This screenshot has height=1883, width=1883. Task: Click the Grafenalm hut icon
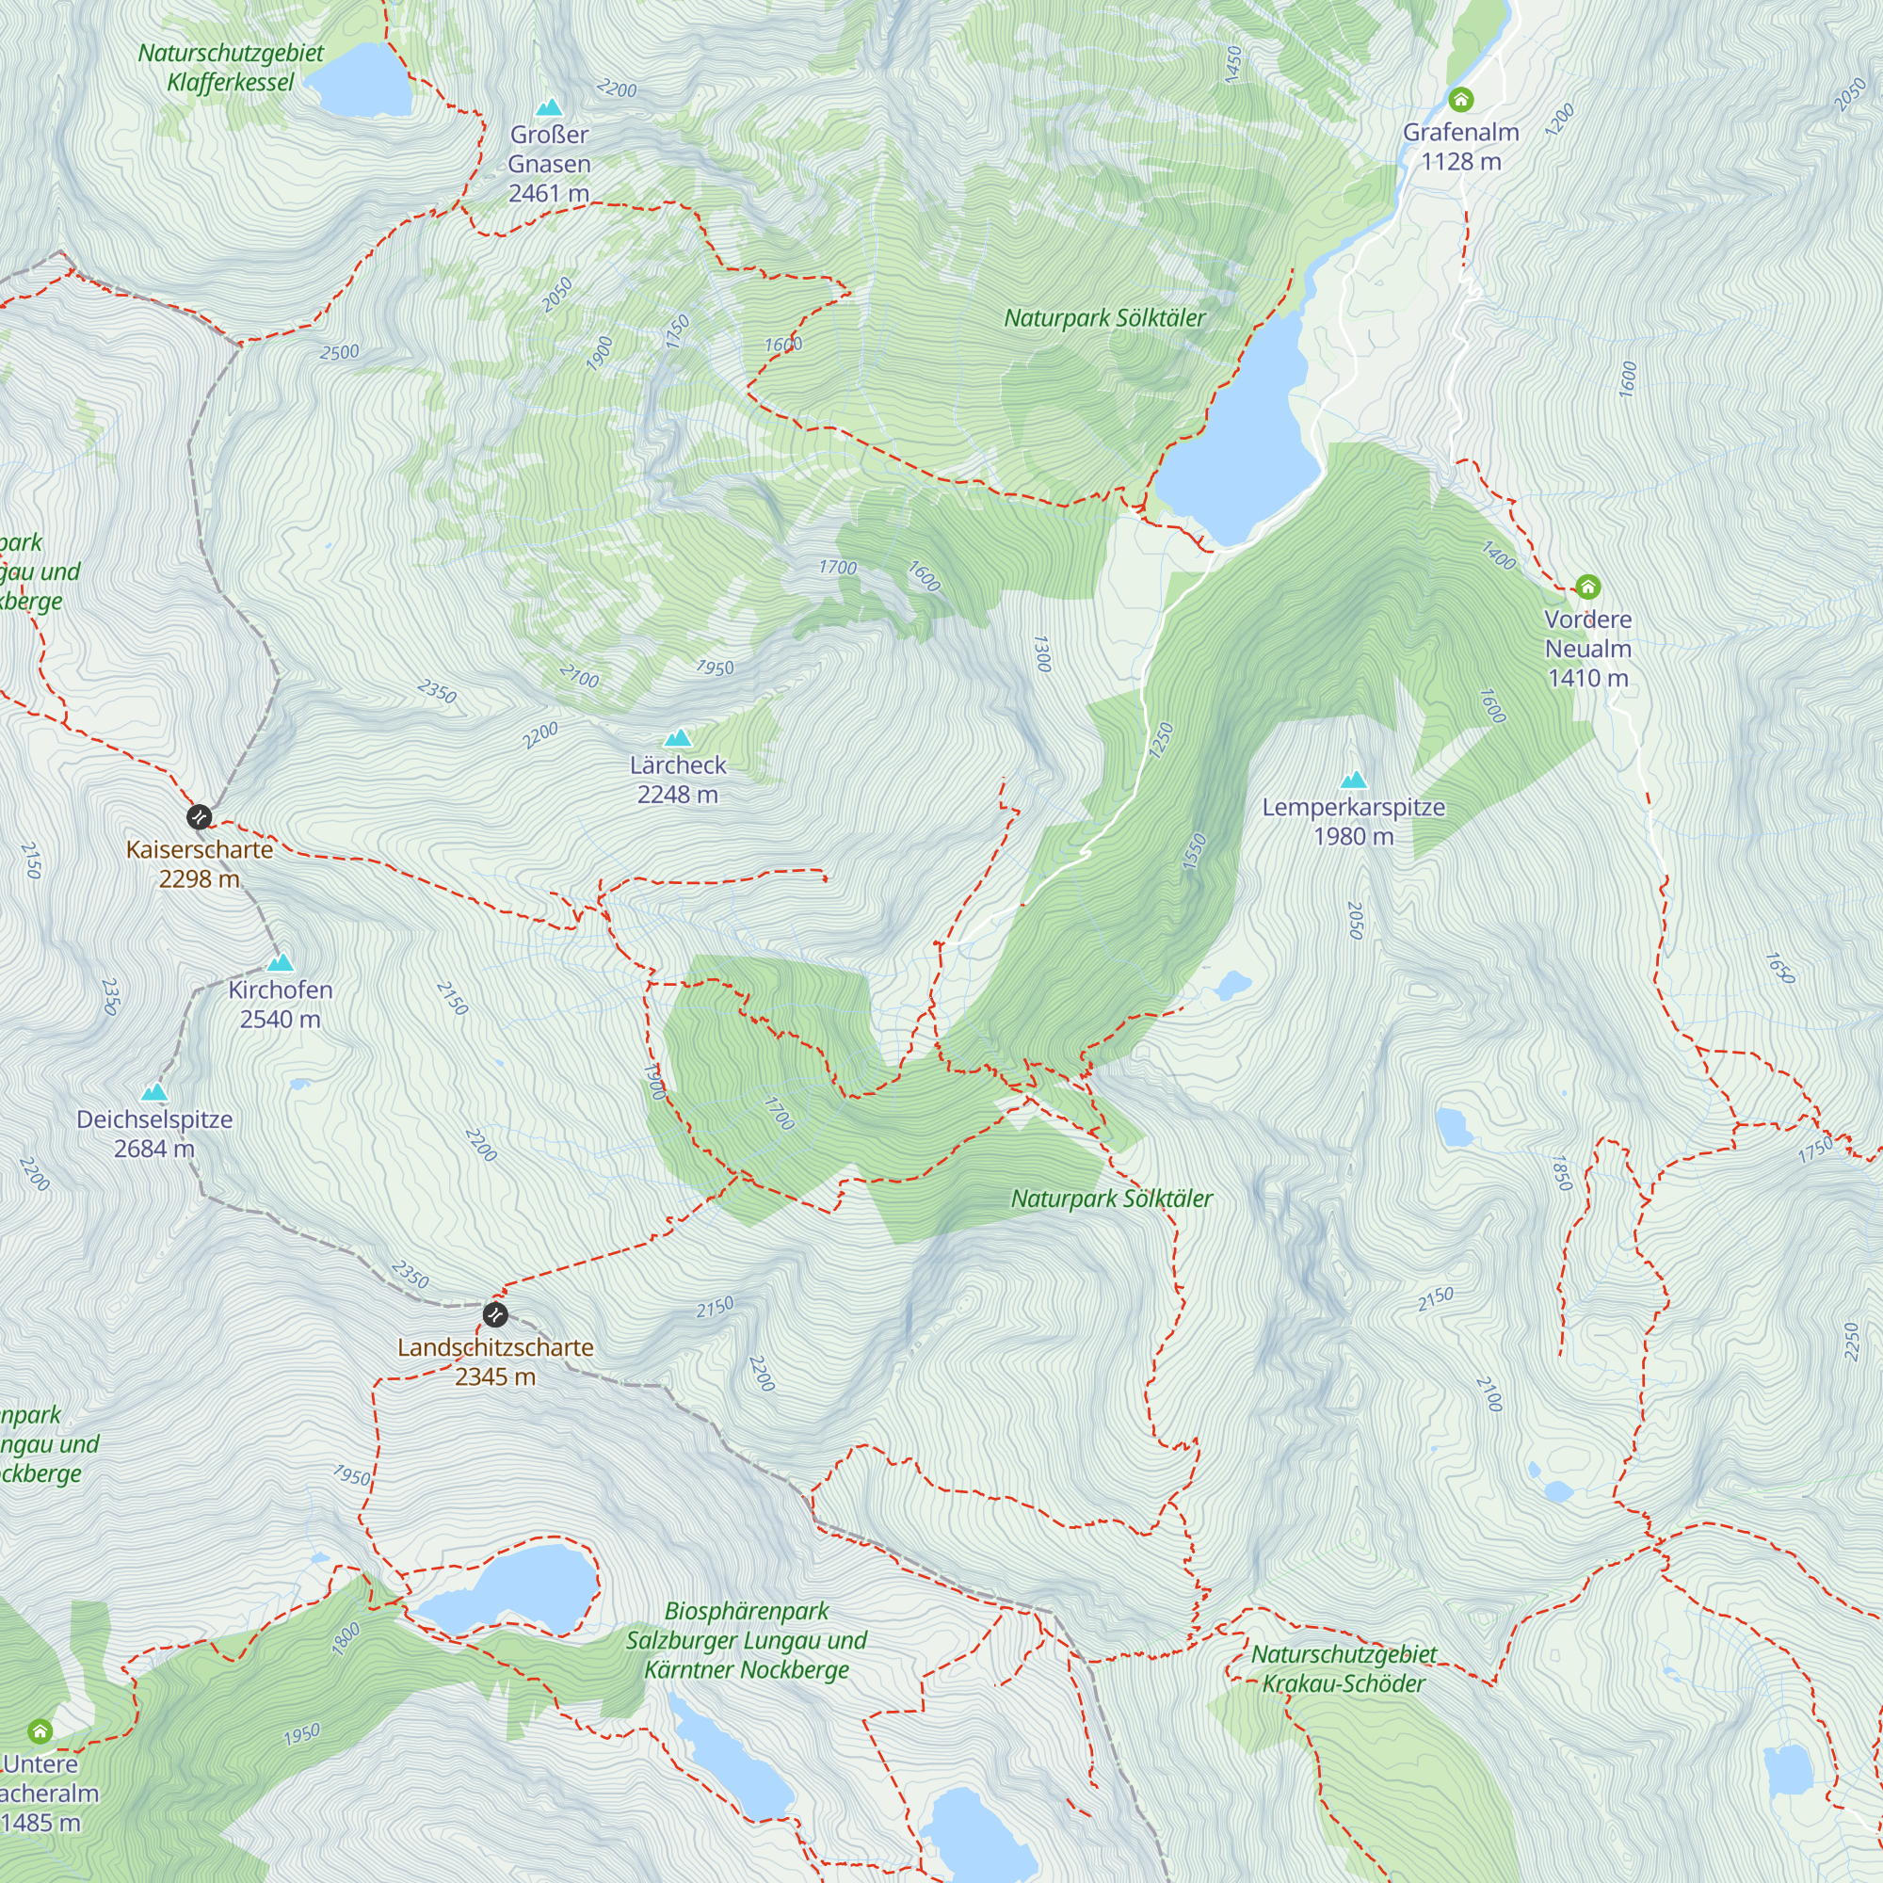tap(1460, 100)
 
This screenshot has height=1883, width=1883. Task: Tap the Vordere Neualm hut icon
tap(1587, 587)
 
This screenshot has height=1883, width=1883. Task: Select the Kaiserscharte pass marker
tap(199, 816)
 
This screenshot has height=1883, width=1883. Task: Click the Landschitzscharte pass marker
tap(495, 1314)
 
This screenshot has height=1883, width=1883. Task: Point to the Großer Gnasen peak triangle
tap(550, 107)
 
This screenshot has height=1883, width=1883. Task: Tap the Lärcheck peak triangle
tap(677, 738)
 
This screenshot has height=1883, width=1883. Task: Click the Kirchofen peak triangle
tap(281, 963)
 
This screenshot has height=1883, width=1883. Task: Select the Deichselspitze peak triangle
tap(154, 1092)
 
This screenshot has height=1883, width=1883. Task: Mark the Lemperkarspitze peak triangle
tap(1353, 780)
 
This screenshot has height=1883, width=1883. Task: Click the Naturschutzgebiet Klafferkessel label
tap(230, 67)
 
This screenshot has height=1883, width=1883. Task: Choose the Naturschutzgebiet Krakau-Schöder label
tap(1344, 1668)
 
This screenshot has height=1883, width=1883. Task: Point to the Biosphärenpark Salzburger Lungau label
tap(747, 1640)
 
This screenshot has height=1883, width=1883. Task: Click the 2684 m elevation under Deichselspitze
tap(154, 1149)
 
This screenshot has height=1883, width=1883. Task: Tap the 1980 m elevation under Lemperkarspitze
tap(1353, 836)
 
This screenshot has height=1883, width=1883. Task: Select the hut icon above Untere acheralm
tap(40, 1731)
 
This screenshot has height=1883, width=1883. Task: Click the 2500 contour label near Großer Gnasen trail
tap(339, 352)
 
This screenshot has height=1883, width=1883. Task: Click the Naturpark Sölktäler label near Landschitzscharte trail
tap(1111, 1199)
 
